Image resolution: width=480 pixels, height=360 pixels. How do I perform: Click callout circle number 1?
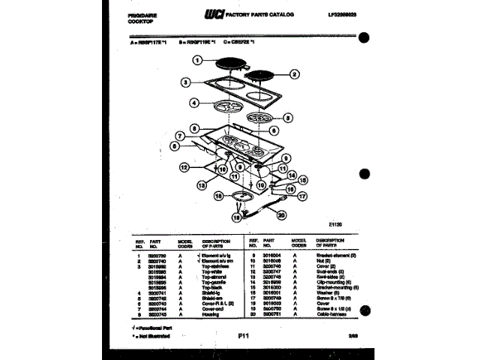[x=198, y=60]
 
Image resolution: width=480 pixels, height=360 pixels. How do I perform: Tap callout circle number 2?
[x=294, y=74]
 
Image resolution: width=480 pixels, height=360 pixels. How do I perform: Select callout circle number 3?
[x=184, y=82]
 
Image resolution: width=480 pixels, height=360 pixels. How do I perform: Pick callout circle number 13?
[x=202, y=184]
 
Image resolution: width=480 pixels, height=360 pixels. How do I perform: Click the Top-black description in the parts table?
[x=213, y=287]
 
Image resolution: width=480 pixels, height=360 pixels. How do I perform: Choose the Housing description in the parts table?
[x=210, y=314]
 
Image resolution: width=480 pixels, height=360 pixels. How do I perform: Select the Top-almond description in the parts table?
[x=214, y=277]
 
